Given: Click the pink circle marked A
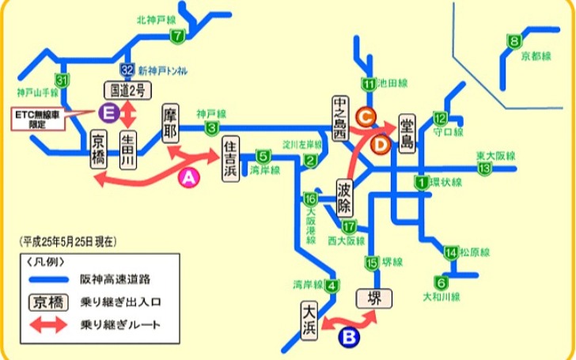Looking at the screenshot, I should click(x=188, y=179).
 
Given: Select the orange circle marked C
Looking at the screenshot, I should click(x=366, y=116).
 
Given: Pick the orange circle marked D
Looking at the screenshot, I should click(x=380, y=143).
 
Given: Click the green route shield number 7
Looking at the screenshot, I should click(x=177, y=35).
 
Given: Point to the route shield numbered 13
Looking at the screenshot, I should click(x=485, y=168).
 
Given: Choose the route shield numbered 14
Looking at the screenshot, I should click(x=450, y=252).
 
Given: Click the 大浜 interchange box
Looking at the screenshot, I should click(x=310, y=317).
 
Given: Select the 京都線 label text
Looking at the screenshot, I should click(x=533, y=57).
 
